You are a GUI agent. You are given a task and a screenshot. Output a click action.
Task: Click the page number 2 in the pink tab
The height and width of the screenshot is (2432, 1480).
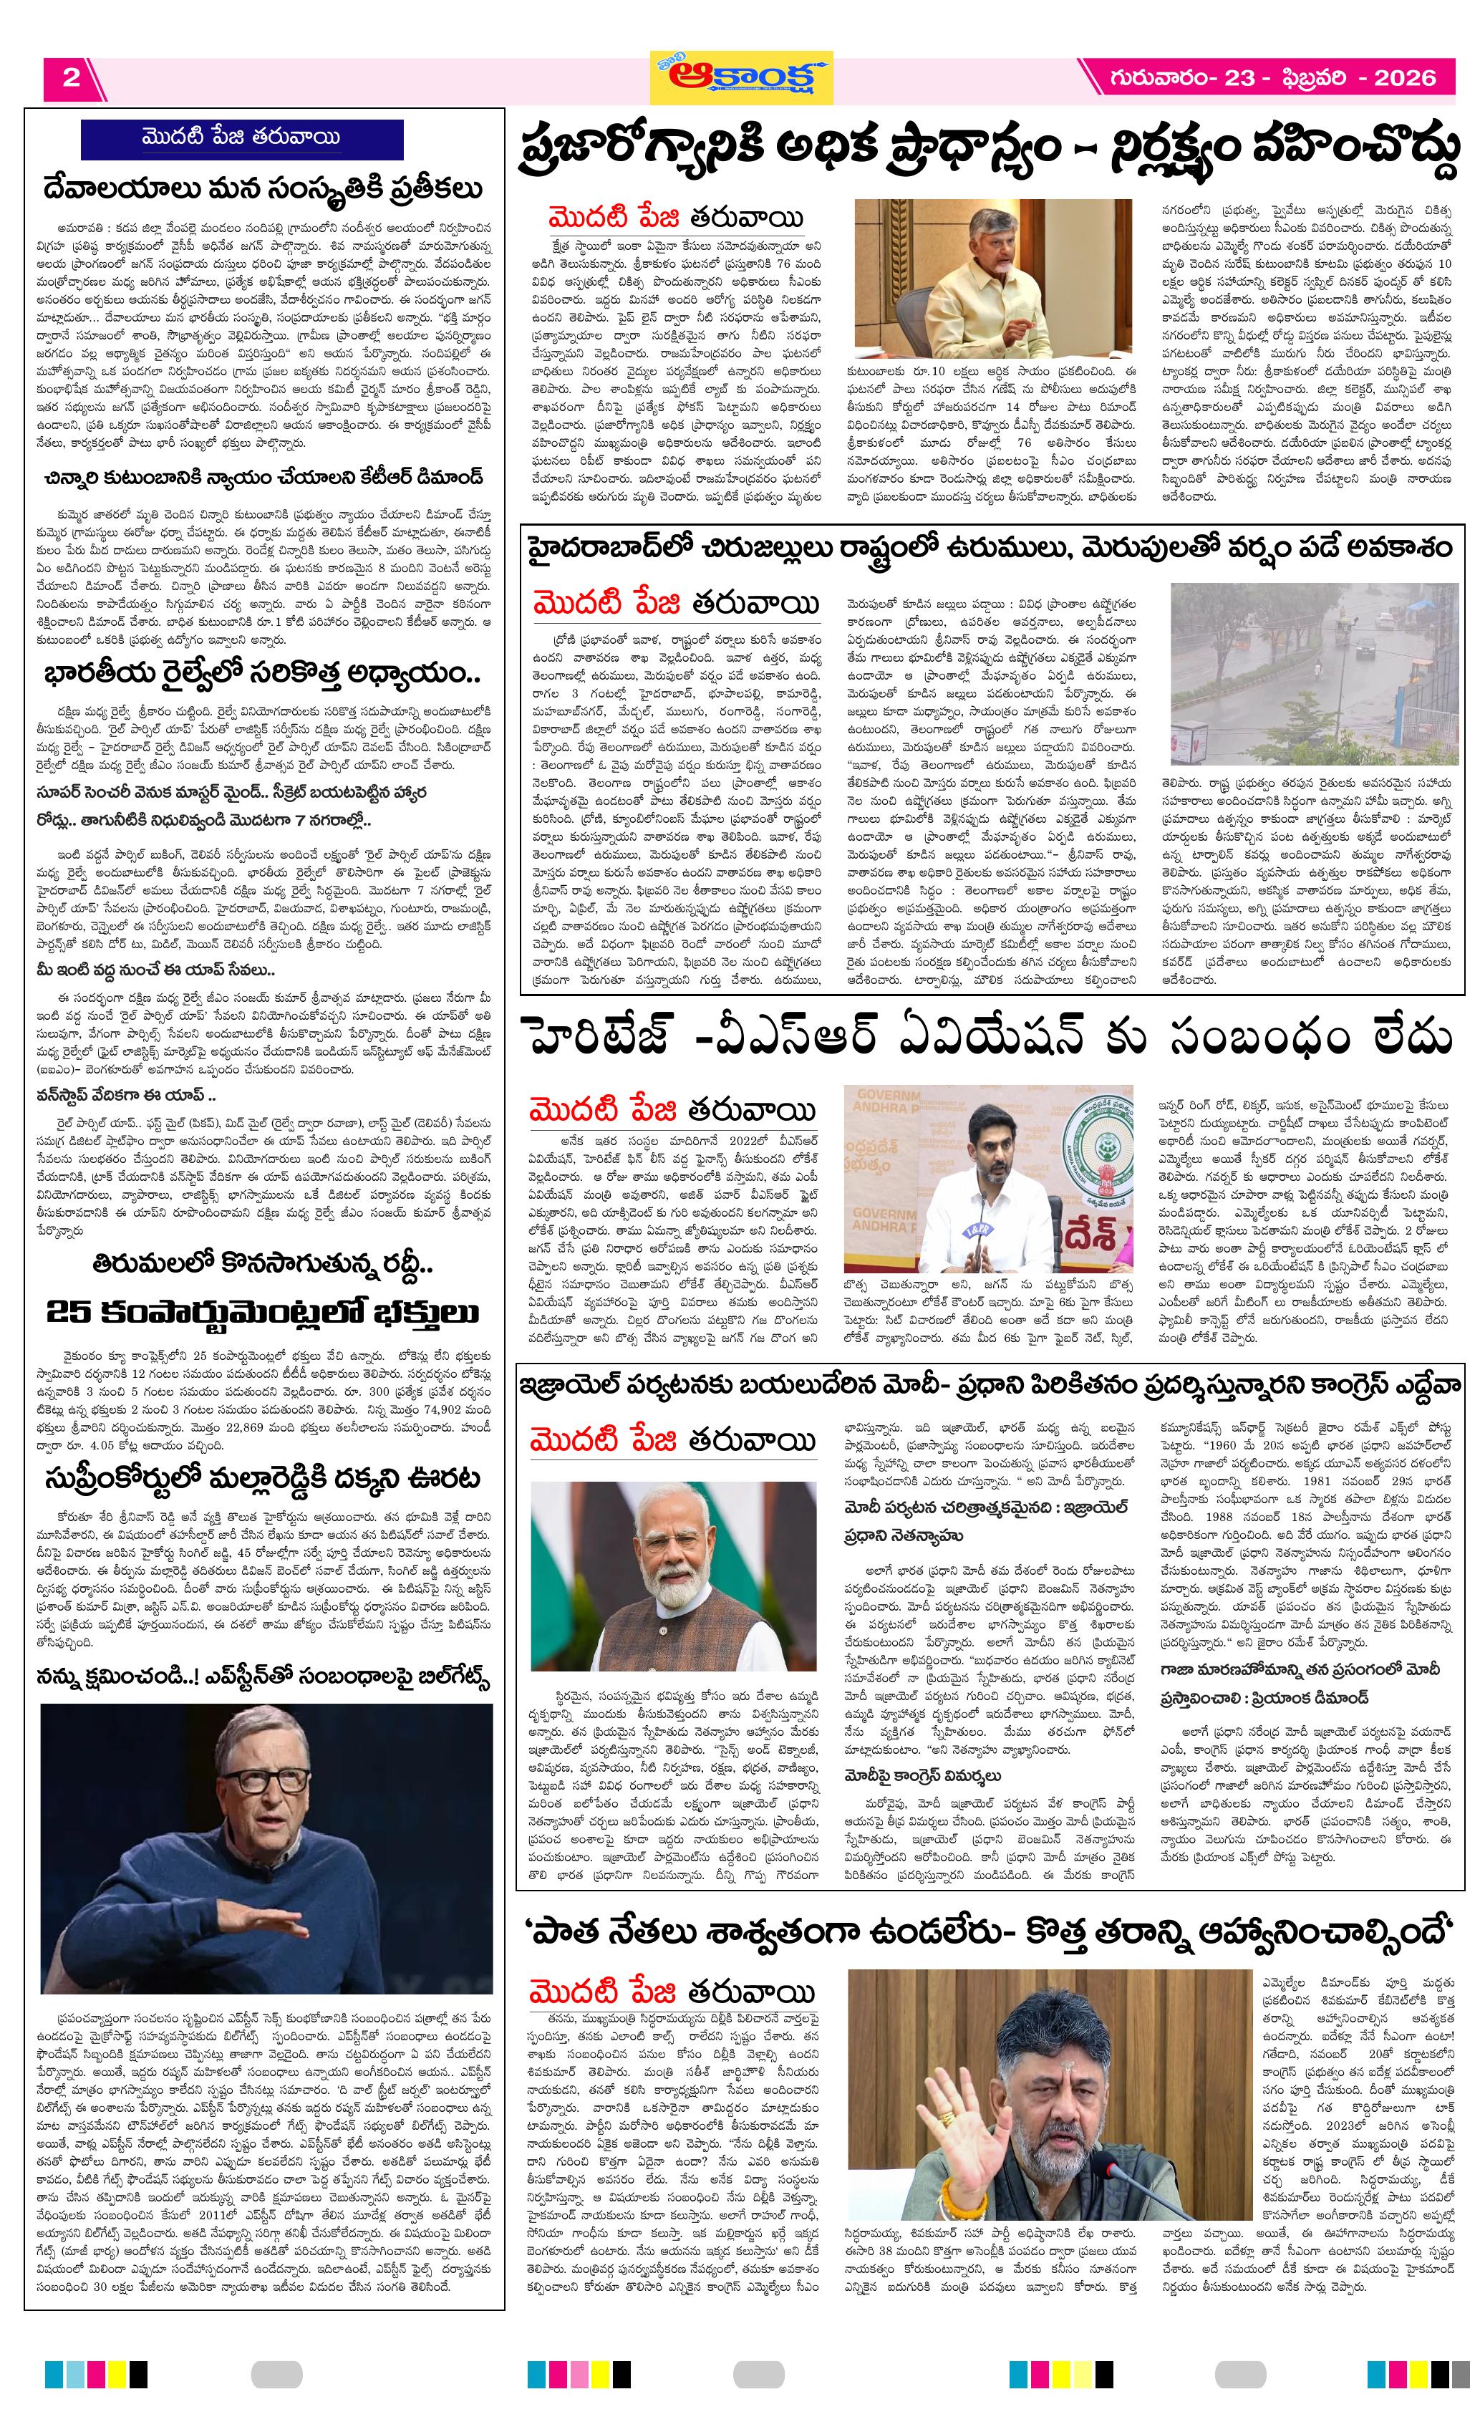pos(71,78)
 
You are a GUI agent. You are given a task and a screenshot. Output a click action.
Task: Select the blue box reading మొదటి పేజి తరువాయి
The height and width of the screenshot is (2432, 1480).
pos(242,138)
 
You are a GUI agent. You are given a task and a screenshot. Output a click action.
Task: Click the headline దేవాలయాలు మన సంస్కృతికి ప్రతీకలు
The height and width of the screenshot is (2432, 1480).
pos(264,188)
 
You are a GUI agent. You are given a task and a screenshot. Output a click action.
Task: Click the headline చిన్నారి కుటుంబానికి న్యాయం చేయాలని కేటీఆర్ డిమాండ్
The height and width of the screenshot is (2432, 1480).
pos(264,478)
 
